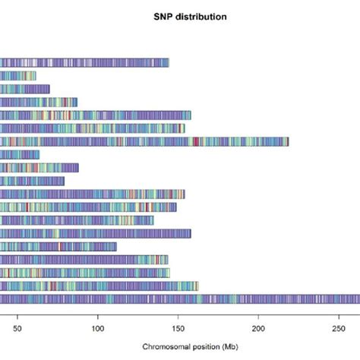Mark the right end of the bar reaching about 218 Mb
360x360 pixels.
click(288, 141)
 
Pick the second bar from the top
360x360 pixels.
click(18, 76)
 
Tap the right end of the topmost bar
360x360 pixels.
click(168, 62)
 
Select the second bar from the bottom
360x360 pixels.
click(99, 286)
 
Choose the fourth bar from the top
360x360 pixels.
click(39, 102)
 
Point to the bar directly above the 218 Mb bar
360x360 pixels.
click(92, 128)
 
